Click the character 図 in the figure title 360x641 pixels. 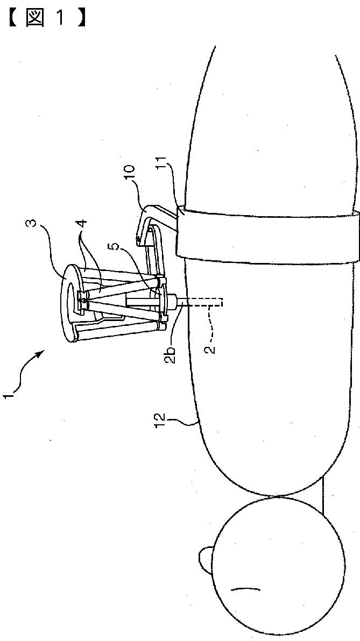[35, 18]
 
